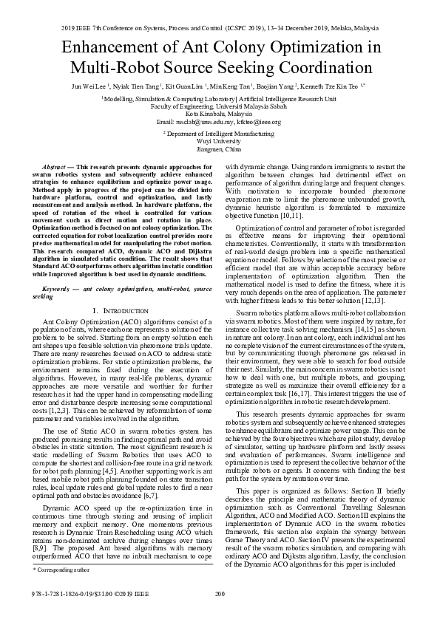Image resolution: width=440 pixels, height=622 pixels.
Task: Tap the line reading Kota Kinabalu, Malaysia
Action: point(219,114)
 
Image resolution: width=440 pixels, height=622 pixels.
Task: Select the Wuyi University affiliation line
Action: point(219,140)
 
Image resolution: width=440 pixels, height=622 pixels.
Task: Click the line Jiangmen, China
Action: point(219,148)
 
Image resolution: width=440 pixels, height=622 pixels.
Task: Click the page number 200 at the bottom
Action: point(220,593)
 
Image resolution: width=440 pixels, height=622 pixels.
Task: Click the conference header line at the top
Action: point(220,28)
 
